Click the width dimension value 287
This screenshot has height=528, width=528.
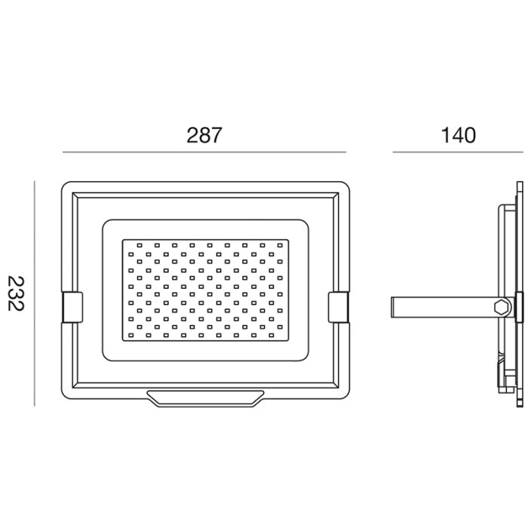[204, 135]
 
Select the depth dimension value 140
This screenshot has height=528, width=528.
[459, 135]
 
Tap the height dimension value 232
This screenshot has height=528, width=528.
[16, 293]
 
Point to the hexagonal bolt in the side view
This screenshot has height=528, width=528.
[502, 307]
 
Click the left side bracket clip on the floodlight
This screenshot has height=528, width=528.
[72, 307]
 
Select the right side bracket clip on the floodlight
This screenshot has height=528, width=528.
[339, 307]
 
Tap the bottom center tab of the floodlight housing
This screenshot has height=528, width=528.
[205, 399]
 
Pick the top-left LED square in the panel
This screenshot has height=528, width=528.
[140, 245]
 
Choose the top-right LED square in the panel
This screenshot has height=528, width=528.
[280, 245]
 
